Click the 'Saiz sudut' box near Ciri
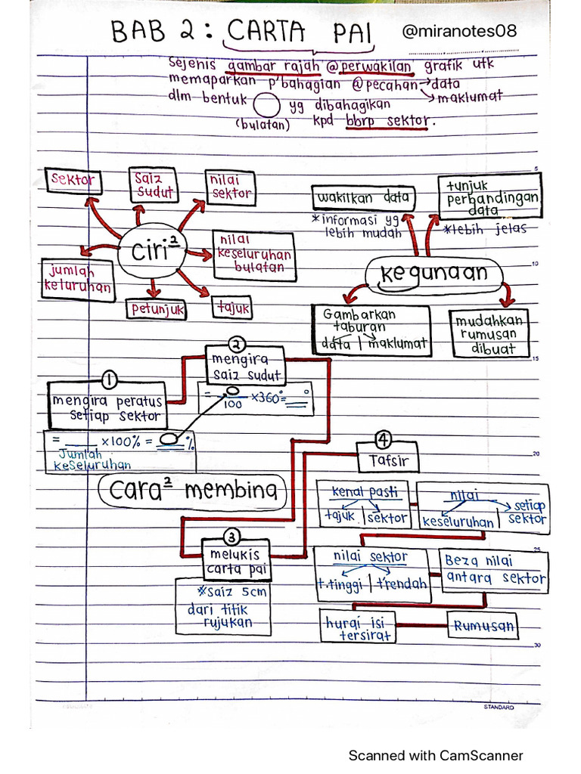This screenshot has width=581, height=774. click(x=153, y=185)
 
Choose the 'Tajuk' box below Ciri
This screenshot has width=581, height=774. click(x=232, y=308)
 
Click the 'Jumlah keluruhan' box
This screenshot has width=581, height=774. click(x=77, y=279)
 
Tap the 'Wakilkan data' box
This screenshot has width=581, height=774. click(x=362, y=199)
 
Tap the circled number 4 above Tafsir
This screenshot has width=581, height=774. click(x=384, y=439)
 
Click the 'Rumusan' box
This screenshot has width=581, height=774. click(x=483, y=625)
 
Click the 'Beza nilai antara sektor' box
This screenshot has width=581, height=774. click(x=494, y=570)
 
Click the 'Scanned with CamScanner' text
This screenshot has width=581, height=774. click(x=435, y=755)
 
